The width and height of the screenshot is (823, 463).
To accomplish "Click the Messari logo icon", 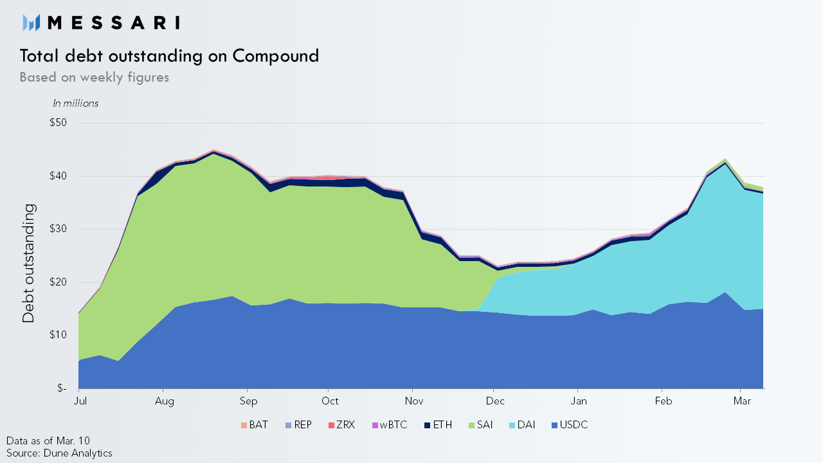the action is (32, 23).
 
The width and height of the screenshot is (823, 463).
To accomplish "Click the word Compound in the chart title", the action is (276, 56).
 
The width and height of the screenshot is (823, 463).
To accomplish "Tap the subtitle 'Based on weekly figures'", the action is (94, 78).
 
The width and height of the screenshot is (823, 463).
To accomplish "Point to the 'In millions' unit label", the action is (76, 104).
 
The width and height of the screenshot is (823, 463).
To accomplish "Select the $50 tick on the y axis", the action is (58, 123).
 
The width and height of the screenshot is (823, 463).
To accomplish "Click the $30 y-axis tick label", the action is (58, 229).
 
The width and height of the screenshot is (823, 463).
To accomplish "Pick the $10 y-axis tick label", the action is (58, 335).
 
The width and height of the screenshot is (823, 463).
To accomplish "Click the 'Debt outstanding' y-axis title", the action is (28, 264).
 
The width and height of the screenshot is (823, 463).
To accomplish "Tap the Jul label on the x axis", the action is (80, 401).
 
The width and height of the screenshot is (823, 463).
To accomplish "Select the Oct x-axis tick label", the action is (330, 401).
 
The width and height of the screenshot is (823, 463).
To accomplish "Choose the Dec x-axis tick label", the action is (495, 401).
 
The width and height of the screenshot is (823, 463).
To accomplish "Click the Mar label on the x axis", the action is (742, 401).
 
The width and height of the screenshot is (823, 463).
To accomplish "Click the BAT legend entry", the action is (254, 425).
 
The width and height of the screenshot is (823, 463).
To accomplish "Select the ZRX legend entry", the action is (341, 425).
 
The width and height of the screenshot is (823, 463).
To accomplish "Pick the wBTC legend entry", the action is (390, 425).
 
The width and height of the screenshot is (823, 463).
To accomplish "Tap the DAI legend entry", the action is (522, 425).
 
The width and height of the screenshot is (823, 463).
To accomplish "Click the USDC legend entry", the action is (570, 425).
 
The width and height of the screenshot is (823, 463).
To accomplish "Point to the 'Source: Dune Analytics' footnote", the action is (59, 453).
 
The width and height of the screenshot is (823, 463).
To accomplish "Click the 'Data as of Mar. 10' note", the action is (48, 441).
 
